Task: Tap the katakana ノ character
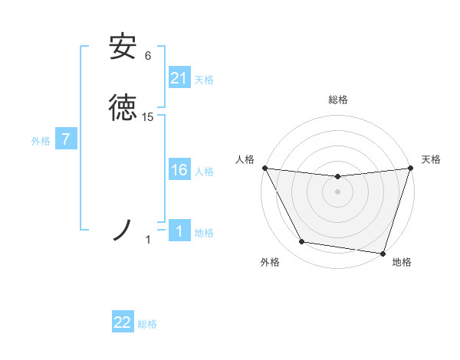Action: (x=123, y=229)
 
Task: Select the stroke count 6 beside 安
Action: (x=148, y=55)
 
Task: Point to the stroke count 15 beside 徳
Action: (x=148, y=117)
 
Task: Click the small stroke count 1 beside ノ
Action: (x=148, y=240)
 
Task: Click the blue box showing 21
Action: (x=179, y=78)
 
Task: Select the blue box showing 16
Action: (x=179, y=170)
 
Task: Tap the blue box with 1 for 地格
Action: (x=179, y=231)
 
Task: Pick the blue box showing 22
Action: (x=123, y=322)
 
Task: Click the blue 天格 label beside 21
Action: (x=204, y=80)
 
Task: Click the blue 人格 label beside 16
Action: (x=204, y=172)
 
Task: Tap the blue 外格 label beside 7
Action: (x=40, y=141)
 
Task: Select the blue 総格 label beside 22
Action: (x=147, y=324)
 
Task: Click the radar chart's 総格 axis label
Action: (x=337, y=100)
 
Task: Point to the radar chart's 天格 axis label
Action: (x=431, y=159)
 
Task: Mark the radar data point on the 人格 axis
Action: (x=264, y=168)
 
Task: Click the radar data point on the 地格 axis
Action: (x=383, y=253)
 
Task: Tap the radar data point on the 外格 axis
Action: (x=302, y=242)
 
